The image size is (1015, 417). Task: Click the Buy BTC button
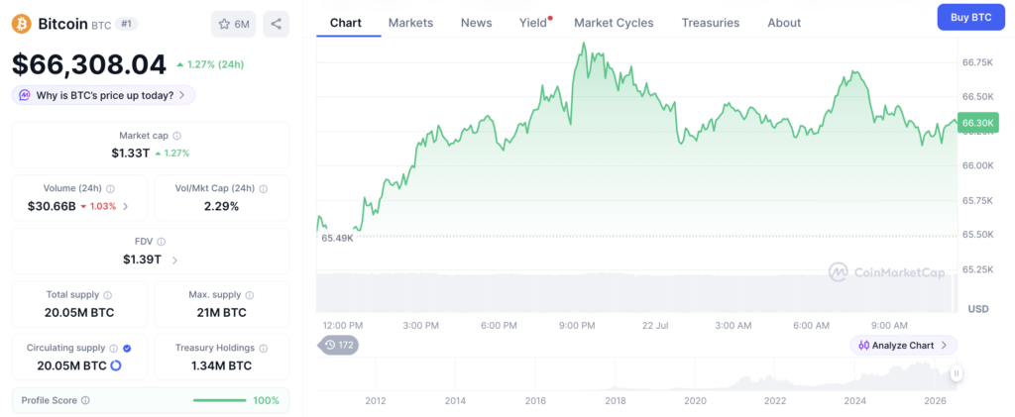971,18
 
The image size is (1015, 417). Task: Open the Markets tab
410,23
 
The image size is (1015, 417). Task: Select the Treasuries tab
710,23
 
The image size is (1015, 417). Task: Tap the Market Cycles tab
614,23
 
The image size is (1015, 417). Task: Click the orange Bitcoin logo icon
22,24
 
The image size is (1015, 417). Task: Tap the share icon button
276,24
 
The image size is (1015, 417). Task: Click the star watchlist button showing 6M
234,24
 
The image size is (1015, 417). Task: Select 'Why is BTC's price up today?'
103,95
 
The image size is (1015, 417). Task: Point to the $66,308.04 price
89,64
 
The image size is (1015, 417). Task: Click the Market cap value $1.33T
130,154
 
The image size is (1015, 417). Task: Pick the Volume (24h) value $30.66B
52,206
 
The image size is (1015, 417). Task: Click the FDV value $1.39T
143,260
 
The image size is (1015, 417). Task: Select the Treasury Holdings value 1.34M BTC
221,365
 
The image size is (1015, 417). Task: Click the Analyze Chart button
903,346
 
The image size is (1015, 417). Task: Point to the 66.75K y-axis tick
977,62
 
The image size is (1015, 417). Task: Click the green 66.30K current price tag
978,122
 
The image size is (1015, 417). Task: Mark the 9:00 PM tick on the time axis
576,325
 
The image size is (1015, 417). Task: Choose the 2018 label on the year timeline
616,401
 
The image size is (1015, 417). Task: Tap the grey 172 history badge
339,346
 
